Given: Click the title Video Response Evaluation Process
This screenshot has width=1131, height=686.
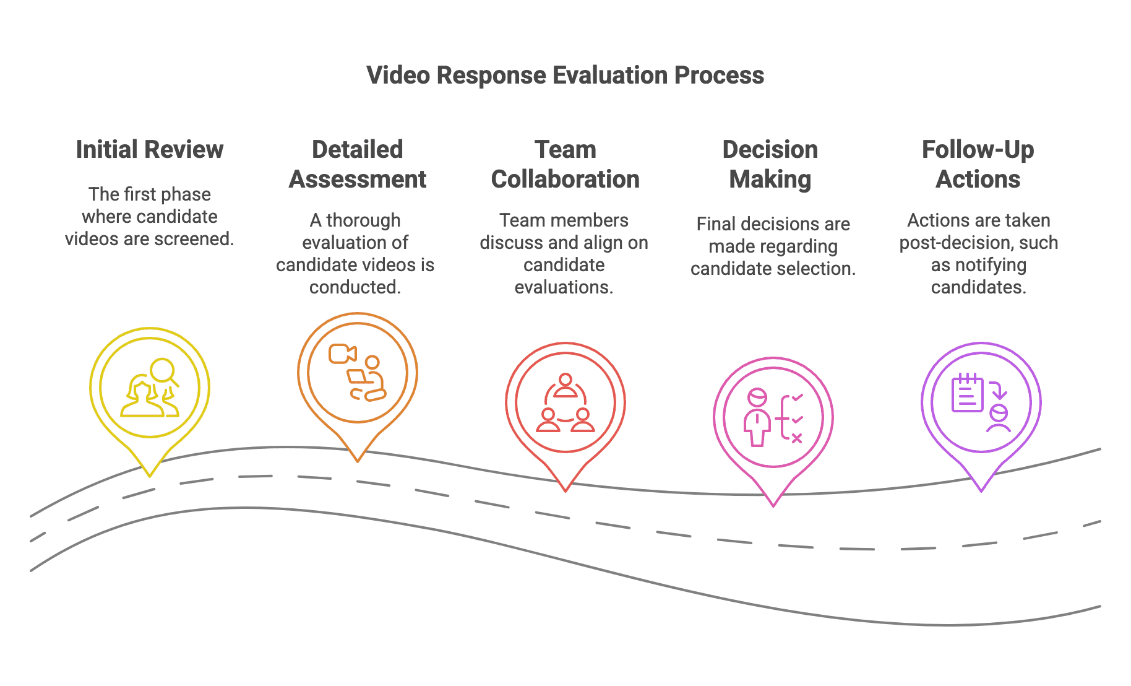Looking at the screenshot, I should [x=565, y=76].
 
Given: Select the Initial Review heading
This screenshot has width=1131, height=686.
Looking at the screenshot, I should [x=149, y=150].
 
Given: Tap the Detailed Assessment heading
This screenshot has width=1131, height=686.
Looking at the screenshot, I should [x=357, y=165].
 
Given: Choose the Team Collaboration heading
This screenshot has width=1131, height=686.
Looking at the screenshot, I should [x=565, y=165].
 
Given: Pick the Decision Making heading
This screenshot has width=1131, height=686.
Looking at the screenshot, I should [x=770, y=165].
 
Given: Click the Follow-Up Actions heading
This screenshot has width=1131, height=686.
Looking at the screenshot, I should [x=978, y=165].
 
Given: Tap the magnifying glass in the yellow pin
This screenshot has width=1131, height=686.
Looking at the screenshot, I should [x=163, y=371].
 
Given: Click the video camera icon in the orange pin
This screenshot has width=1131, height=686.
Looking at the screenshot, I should [x=342, y=354].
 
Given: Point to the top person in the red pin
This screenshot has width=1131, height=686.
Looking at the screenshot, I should [x=565, y=386].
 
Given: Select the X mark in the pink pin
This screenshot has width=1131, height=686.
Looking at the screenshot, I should [x=797, y=438].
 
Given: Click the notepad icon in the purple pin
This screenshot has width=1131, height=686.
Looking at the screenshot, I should [x=966, y=394].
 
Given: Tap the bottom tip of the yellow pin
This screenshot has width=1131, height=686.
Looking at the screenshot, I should [x=150, y=475].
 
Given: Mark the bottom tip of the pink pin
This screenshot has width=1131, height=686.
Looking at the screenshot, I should [x=773, y=505].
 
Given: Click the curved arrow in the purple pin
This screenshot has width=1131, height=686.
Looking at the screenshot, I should [x=998, y=390].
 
